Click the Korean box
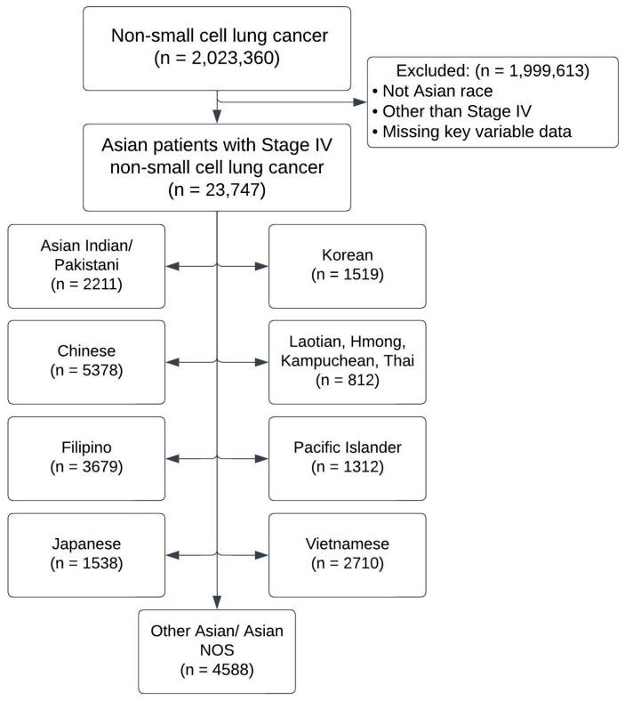tap(347, 266)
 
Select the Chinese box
tap(87, 362)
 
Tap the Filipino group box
tap(87, 458)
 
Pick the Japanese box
tap(87, 554)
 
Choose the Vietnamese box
tap(347, 554)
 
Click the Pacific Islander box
tap(347, 458)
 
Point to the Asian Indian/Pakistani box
tap(87, 266)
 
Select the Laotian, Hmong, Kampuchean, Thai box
tap(347, 362)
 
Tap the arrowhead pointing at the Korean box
tap(262, 266)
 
